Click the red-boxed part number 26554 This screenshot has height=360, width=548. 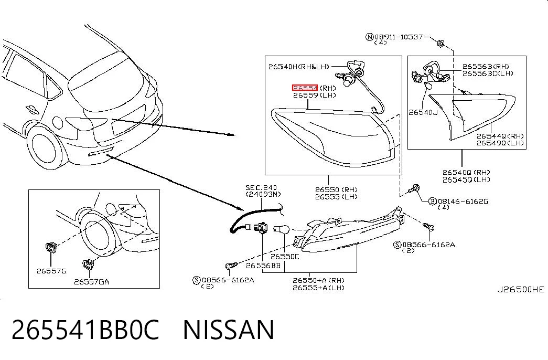coord(305,88)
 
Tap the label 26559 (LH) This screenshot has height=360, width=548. coord(315,95)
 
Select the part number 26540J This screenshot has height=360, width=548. coord(423,112)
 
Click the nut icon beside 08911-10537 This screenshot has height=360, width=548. coord(440,44)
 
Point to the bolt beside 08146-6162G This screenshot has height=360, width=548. coord(414,189)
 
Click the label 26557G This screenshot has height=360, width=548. coord(51,271)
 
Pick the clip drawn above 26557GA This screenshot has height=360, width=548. coord(88,264)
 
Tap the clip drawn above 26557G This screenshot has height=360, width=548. coord(51,247)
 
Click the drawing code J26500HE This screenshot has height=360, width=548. coord(521,289)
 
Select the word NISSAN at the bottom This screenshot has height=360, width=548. coord(229,330)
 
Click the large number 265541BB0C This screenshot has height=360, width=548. coord(85,330)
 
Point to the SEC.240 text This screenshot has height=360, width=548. coord(261,187)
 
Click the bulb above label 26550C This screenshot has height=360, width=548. coord(281,229)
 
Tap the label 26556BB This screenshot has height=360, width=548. coord(263,266)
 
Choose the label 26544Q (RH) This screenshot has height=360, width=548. coord(500,136)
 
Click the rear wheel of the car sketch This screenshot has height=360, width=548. coord(45,148)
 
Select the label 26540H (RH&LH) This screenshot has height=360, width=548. coord(299,67)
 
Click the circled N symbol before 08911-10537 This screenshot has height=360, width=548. coord(369,37)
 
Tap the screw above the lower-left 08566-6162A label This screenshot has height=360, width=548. coord(231,266)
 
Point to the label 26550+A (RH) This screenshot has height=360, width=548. coord(318,280)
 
